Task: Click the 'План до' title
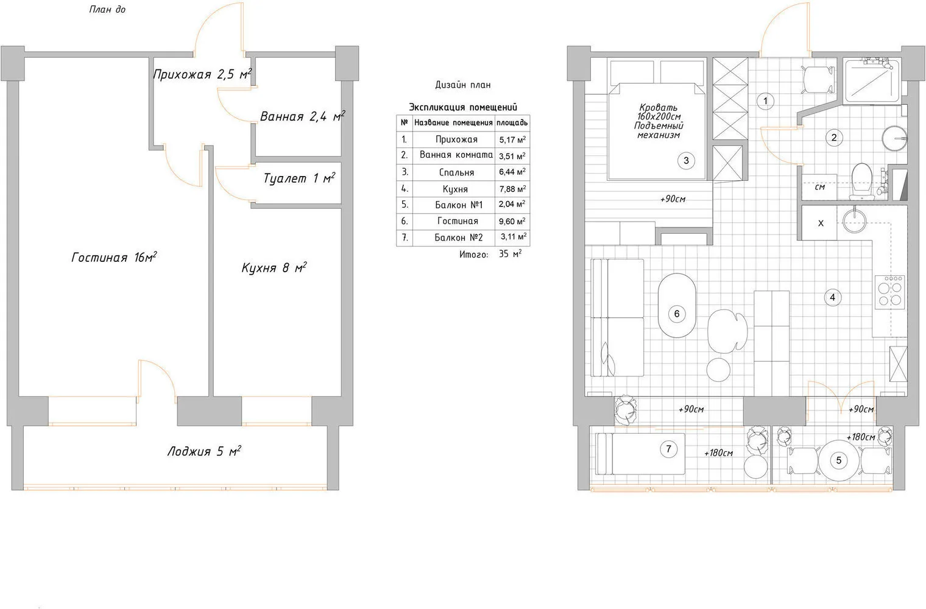coord(107,10)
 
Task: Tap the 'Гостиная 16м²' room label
coord(114,257)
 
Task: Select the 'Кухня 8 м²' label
coord(274,267)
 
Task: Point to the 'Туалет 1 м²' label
coord(299,178)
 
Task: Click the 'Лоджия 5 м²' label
coord(204,451)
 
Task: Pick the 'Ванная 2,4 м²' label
coord(303,116)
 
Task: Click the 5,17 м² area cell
coord(512,139)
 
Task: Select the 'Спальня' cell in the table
coord(456,172)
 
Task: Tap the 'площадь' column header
coord(512,122)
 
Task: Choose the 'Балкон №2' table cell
coord(459,238)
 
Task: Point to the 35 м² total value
coord(510,254)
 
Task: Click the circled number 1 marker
coord(765,101)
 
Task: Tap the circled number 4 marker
coord(832,297)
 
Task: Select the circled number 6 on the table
coord(677,314)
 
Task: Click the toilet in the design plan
coord(861,181)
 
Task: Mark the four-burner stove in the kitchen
coord(889,292)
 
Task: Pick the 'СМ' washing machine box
coord(819,187)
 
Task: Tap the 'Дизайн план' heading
coord(462,85)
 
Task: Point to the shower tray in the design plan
coord(872,80)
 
